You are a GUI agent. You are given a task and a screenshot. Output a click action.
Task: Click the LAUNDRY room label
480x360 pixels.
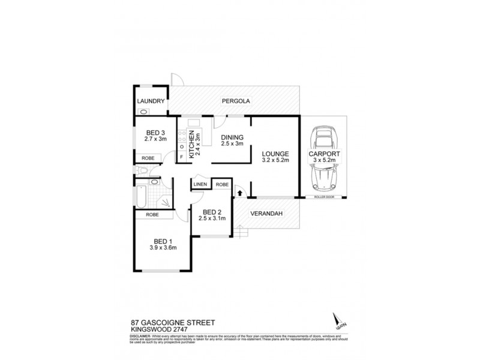[149, 101]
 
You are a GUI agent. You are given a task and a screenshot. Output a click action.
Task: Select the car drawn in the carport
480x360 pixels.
[324, 158]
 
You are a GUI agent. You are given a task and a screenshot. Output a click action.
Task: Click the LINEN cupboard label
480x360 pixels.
[200, 184]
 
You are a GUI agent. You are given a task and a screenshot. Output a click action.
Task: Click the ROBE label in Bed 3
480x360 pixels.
[148, 158]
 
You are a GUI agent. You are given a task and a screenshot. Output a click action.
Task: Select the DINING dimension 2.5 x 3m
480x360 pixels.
[231, 143]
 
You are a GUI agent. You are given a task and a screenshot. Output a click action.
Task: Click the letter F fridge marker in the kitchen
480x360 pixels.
[182, 157]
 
